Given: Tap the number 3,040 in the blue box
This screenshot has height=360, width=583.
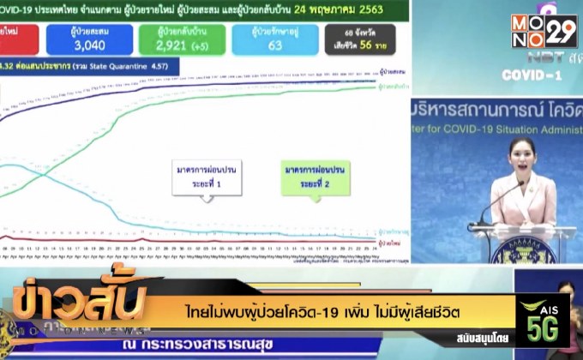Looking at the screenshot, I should [89, 45].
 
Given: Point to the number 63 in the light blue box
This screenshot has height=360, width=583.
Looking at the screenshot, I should [274, 45].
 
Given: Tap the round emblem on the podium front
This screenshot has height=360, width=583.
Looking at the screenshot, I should [522, 250].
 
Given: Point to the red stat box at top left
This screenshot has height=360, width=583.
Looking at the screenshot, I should [17, 40].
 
